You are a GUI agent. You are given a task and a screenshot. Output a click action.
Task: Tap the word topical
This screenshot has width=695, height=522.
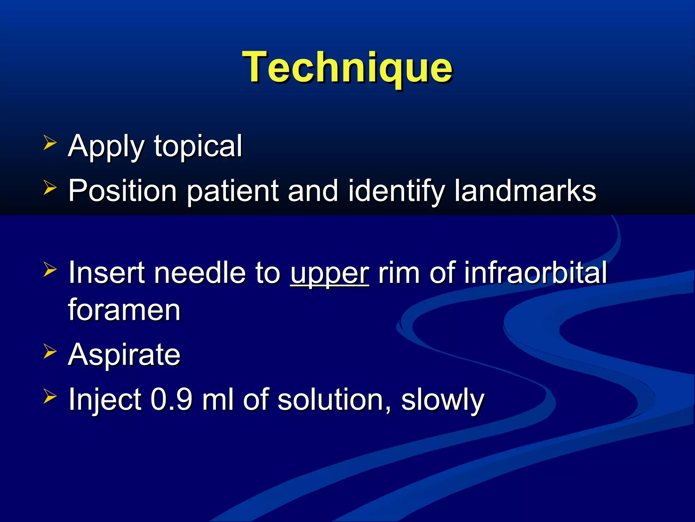point(198,146)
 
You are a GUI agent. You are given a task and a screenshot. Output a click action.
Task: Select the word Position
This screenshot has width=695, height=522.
point(123,191)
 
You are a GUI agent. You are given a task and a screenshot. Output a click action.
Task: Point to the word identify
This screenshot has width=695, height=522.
point(396,191)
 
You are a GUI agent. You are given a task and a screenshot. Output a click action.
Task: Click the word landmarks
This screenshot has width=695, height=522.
point(525,191)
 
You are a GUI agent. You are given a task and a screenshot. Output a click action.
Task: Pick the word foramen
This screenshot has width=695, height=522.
point(124,310)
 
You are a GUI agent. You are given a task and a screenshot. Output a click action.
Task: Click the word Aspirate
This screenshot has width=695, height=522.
point(124,355)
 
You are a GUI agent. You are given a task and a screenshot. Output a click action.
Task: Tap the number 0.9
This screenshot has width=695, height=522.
point(171,400)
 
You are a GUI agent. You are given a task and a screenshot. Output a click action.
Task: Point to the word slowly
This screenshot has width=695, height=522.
point(443,400)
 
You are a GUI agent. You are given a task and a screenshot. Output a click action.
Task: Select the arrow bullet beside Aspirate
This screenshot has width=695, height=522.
point(50,351)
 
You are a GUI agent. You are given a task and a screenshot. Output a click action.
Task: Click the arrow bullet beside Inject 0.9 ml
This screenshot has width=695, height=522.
point(50,396)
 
